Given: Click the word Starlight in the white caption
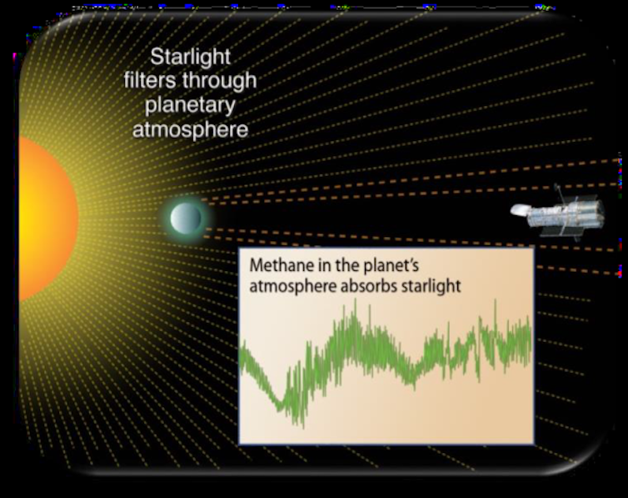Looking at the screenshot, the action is pyautogui.click(x=190, y=58).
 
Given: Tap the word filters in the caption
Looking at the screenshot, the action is pyautogui.click(x=151, y=80).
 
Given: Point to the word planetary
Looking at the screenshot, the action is pyautogui.click(x=190, y=106).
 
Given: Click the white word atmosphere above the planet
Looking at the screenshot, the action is pyautogui.click(x=190, y=130).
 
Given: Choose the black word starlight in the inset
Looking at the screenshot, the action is pyautogui.click(x=431, y=287).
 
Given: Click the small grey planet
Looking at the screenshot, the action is pyautogui.click(x=186, y=218).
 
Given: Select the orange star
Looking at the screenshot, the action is pyautogui.click(x=48, y=219).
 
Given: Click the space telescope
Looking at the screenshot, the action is pyautogui.click(x=558, y=214).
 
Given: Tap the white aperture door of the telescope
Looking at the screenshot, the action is pyautogui.click(x=520, y=209).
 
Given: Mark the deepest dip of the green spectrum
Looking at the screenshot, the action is pyautogui.click(x=302, y=425).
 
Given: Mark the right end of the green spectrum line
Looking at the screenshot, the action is pyautogui.click(x=531, y=341).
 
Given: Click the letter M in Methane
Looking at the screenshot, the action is pyautogui.click(x=256, y=265).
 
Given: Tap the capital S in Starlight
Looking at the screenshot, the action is pyautogui.click(x=157, y=58).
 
